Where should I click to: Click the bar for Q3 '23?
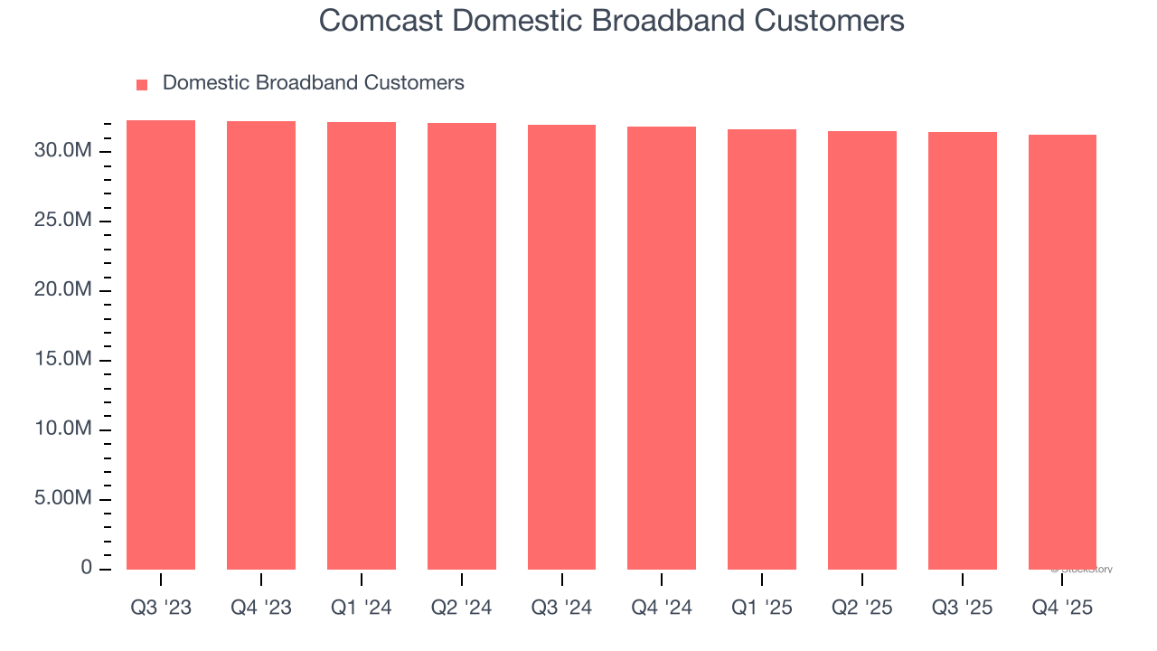(x=161, y=344)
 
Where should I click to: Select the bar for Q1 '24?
(x=362, y=345)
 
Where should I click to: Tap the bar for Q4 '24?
(x=662, y=348)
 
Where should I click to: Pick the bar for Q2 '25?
(x=862, y=350)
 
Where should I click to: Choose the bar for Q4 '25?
(x=1062, y=352)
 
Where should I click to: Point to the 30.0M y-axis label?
(x=63, y=151)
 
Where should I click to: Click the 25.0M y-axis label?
(x=63, y=222)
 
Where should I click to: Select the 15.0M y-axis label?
(x=63, y=360)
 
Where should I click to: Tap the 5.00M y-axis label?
(x=63, y=499)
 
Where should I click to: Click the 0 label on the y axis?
(x=86, y=568)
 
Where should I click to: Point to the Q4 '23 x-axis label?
(x=261, y=608)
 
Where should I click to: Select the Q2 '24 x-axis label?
(x=462, y=608)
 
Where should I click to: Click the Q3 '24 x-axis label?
(x=561, y=608)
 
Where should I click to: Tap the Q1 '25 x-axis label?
(x=762, y=608)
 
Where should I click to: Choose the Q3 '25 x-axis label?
(x=962, y=608)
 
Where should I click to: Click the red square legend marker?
(x=142, y=85)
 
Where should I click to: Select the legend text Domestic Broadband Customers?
(x=313, y=83)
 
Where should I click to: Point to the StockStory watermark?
(x=1082, y=570)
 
